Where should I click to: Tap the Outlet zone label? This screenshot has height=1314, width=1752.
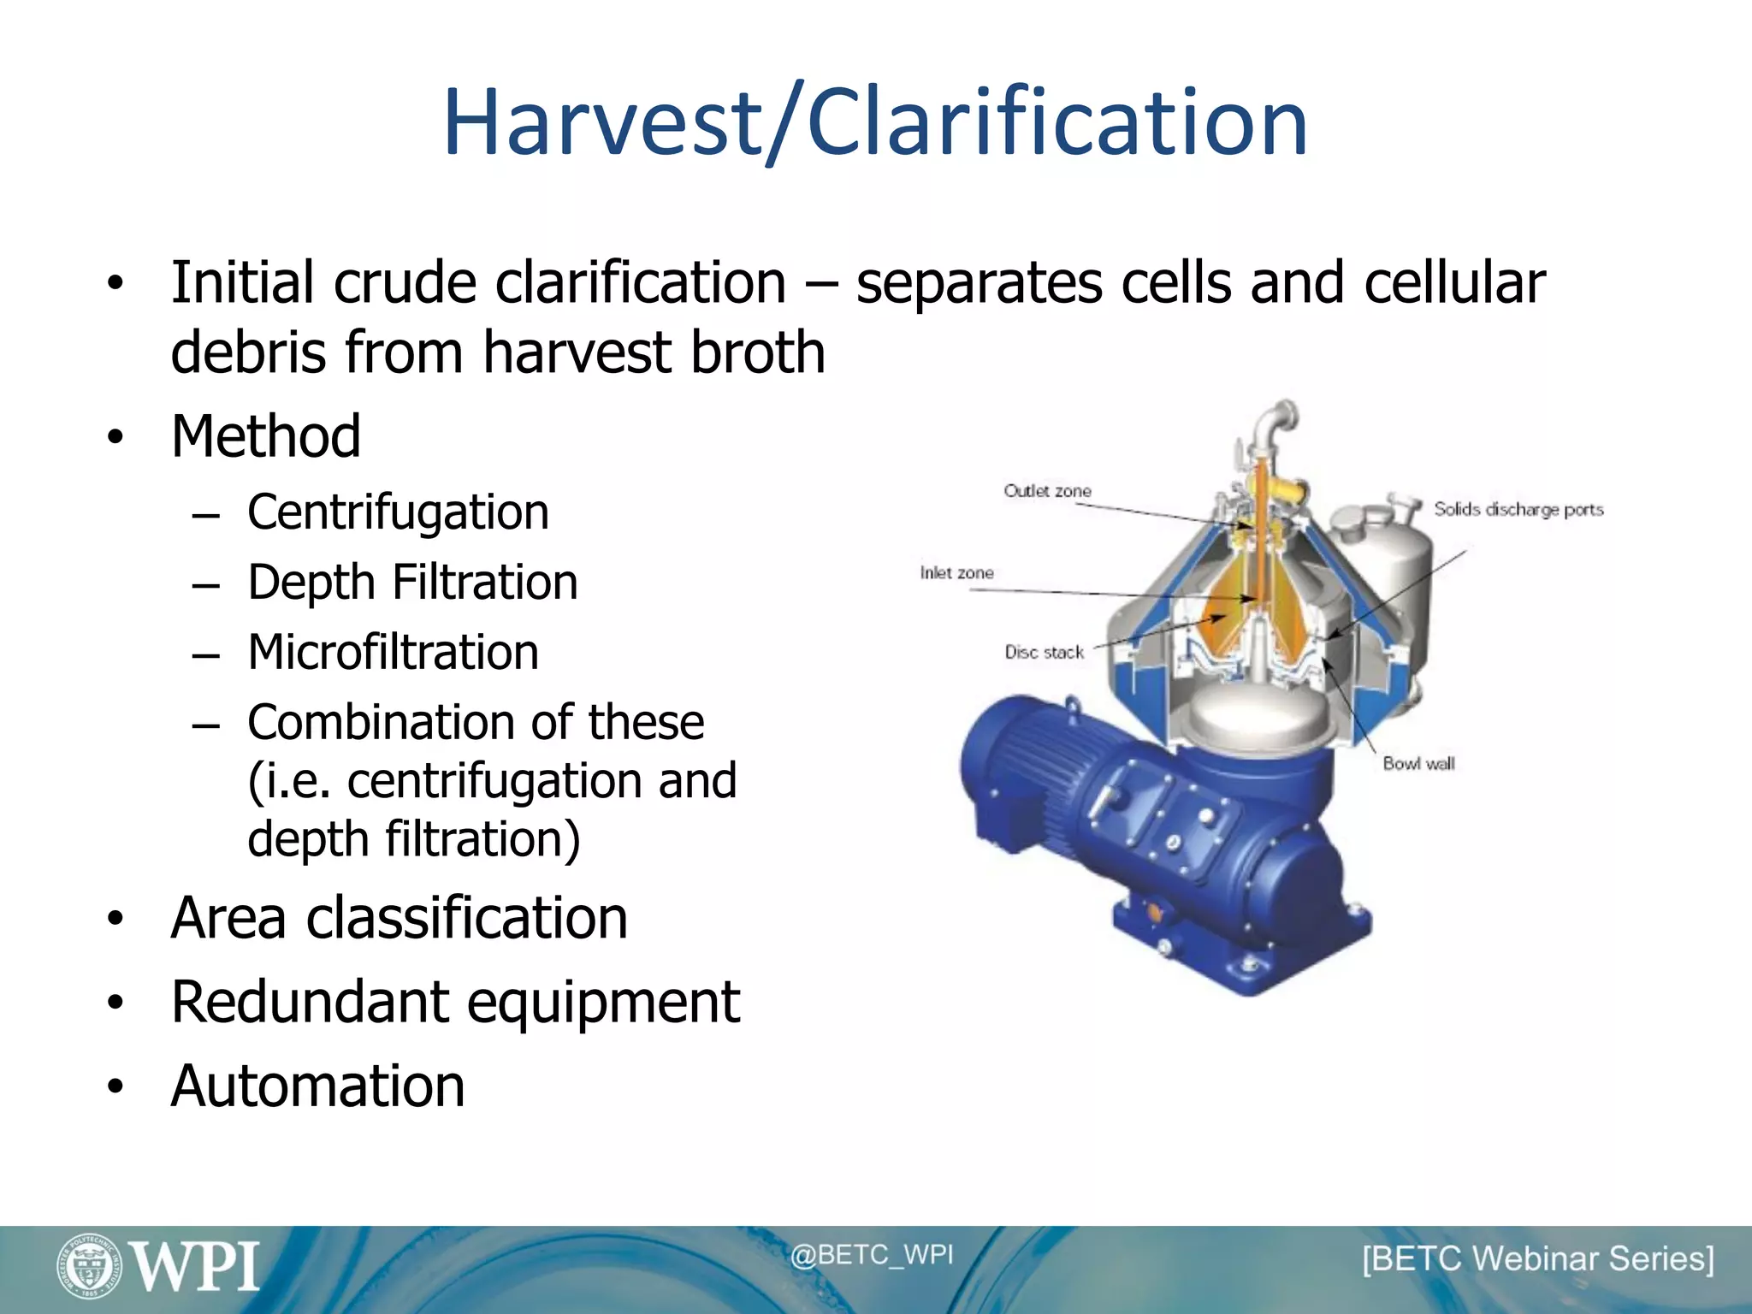[1047, 491]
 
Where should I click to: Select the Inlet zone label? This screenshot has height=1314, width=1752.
[956, 573]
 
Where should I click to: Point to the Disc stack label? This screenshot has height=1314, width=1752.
[1044, 653]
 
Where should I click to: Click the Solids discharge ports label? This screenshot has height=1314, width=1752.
[1518, 510]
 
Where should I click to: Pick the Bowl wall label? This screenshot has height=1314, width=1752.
[1418, 764]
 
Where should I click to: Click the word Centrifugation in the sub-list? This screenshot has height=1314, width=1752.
[398, 512]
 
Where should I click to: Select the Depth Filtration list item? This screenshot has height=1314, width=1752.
[412, 583]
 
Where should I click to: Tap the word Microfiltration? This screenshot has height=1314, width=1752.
[393, 653]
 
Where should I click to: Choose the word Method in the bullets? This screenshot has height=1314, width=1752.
[265, 436]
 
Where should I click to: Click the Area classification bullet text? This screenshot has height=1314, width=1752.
[399, 918]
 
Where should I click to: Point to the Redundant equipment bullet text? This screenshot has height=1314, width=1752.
[455, 1002]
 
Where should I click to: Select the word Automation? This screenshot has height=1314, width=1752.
[317, 1086]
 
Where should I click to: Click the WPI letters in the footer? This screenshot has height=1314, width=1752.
[196, 1267]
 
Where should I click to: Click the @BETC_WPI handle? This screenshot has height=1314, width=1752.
[871, 1255]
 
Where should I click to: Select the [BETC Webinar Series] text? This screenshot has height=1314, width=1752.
[1537, 1259]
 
